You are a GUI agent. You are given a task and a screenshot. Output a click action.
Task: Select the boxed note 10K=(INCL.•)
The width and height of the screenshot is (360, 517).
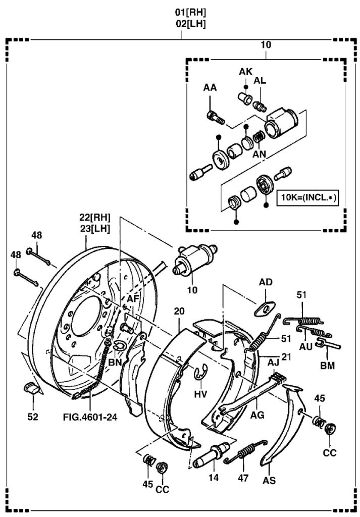(x=307, y=197)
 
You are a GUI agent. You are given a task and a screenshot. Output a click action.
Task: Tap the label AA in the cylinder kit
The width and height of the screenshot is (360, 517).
(x=210, y=88)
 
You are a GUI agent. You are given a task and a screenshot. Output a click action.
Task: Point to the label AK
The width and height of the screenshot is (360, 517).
(x=245, y=72)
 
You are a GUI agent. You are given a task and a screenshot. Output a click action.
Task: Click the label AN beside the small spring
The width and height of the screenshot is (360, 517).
(x=260, y=154)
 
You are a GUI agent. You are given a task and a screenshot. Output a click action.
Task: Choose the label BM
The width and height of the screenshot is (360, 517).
(x=328, y=364)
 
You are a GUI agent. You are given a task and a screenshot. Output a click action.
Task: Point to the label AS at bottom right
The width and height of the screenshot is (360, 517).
(x=269, y=480)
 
